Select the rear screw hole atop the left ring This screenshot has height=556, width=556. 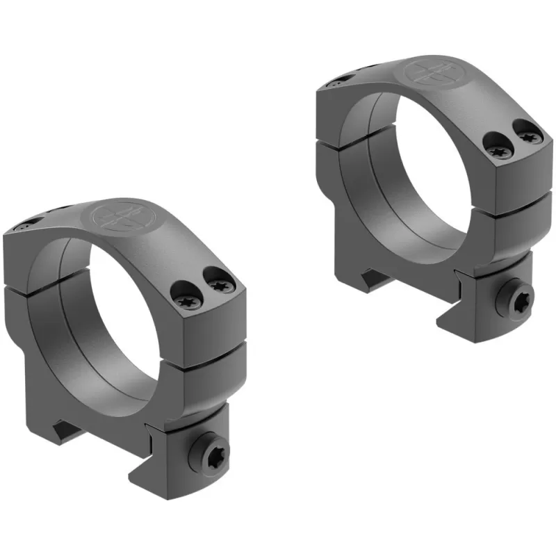point(26,225)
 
